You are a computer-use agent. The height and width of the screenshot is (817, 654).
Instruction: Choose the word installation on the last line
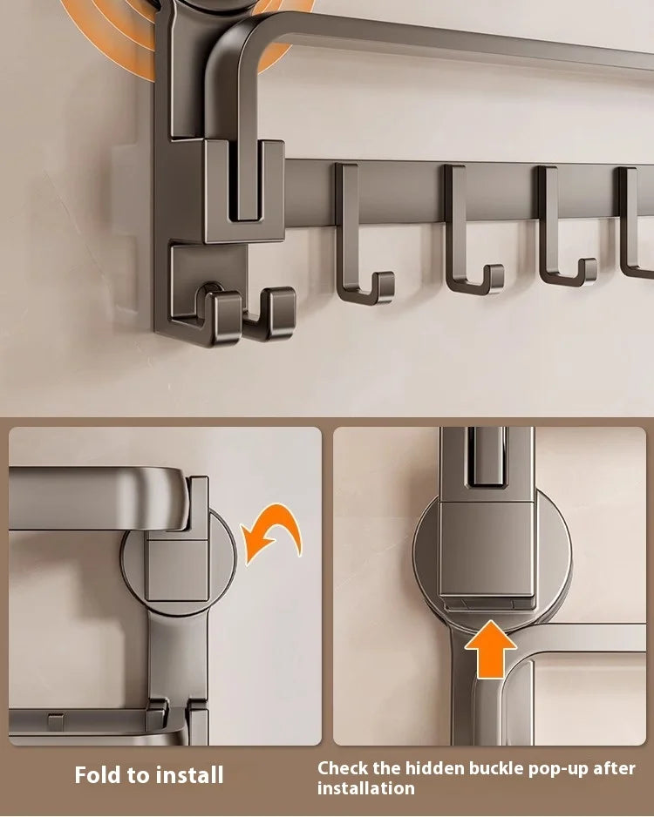(x=365, y=788)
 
